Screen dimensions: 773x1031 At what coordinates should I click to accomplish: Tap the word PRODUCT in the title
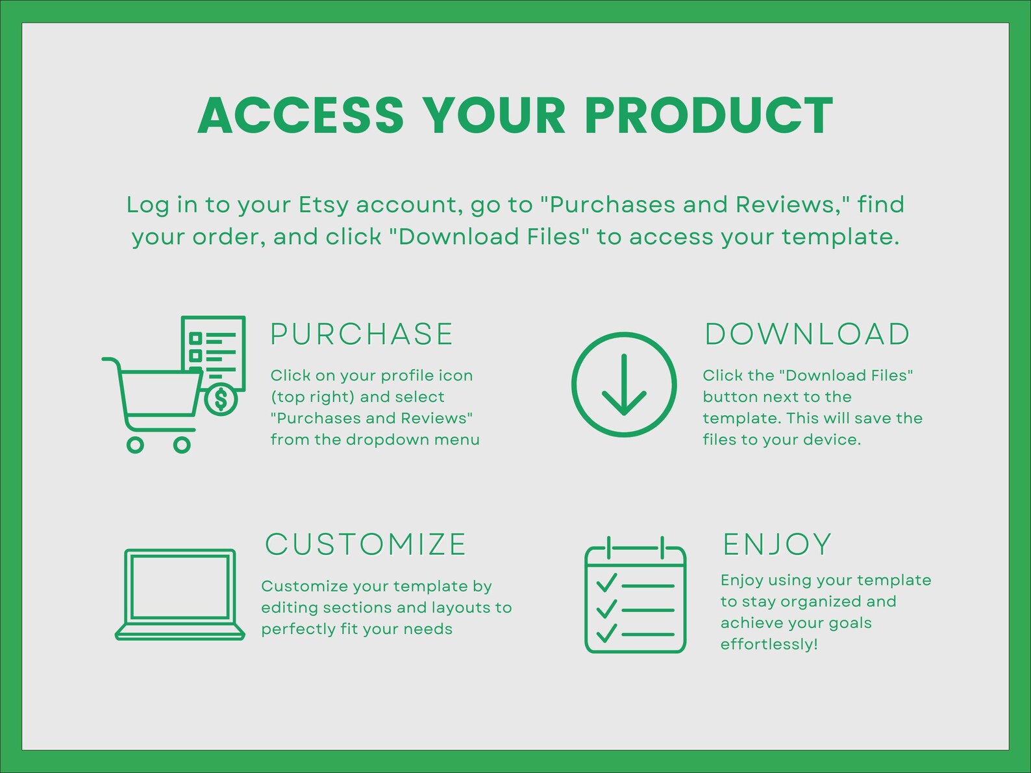coord(708,116)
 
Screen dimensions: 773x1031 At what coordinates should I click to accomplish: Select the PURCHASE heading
coord(361,334)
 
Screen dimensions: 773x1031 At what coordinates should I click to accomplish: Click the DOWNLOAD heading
coord(807,334)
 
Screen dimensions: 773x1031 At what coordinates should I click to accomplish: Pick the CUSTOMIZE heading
coord(366,545)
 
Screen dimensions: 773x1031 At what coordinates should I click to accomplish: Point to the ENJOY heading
coord(776,545)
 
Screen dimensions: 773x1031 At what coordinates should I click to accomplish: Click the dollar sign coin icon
coord(221,399)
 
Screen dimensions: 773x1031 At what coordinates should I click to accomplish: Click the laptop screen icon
coord(180,587)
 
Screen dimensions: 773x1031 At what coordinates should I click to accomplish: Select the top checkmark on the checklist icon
coord(606,582)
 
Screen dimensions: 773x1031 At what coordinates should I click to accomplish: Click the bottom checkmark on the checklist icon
coord(606,632)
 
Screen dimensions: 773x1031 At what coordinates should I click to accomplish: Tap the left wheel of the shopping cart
coord(135,445)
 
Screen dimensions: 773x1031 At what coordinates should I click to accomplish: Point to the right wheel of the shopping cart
coord(182,445)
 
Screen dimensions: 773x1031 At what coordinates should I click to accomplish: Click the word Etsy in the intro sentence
coord(323,205)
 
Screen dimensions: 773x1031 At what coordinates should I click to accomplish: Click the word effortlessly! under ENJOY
coord(769,644)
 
